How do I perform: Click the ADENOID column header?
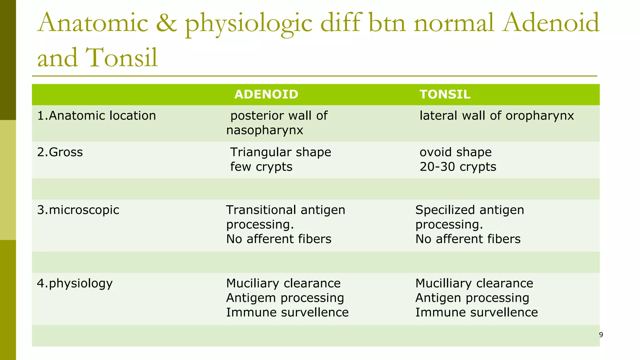pos(266,94)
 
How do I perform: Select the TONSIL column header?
pos(445,94)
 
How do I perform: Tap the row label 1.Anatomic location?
pos(97,116)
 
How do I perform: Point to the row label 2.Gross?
pos(60,152)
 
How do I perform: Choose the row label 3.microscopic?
pos(78,210)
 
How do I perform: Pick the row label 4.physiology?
pos(75,283)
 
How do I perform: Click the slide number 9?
pos(601,335)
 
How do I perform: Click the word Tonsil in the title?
pos(122,57)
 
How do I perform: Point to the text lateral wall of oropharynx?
pos(497,116)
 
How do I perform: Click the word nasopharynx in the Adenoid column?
pos(265,130)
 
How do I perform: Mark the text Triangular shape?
pos(281,152)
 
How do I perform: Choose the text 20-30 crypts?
pos(458,167)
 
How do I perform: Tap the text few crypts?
pos(261,167)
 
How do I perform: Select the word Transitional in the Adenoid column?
pos(261,210)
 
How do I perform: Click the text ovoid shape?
pos(456,152)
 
